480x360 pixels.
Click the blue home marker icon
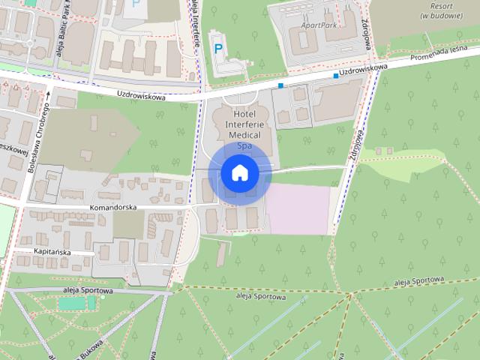click(x=239, y=173)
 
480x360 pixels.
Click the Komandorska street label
click(x=110, y=206)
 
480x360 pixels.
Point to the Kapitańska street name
click(x=52, y=252)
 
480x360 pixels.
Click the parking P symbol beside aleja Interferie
click(x=218, y=49)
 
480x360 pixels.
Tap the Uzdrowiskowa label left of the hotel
click(x=140, y=94)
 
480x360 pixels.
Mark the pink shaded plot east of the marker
click(x=298, y=208)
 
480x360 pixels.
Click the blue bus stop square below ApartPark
click(x=280, y=85)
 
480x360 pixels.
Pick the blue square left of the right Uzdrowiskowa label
click(x=335, y=75)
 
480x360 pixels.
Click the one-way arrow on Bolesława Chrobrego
click(x=46, y=96)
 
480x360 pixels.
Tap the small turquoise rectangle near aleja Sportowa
click(x=72, y=303)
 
